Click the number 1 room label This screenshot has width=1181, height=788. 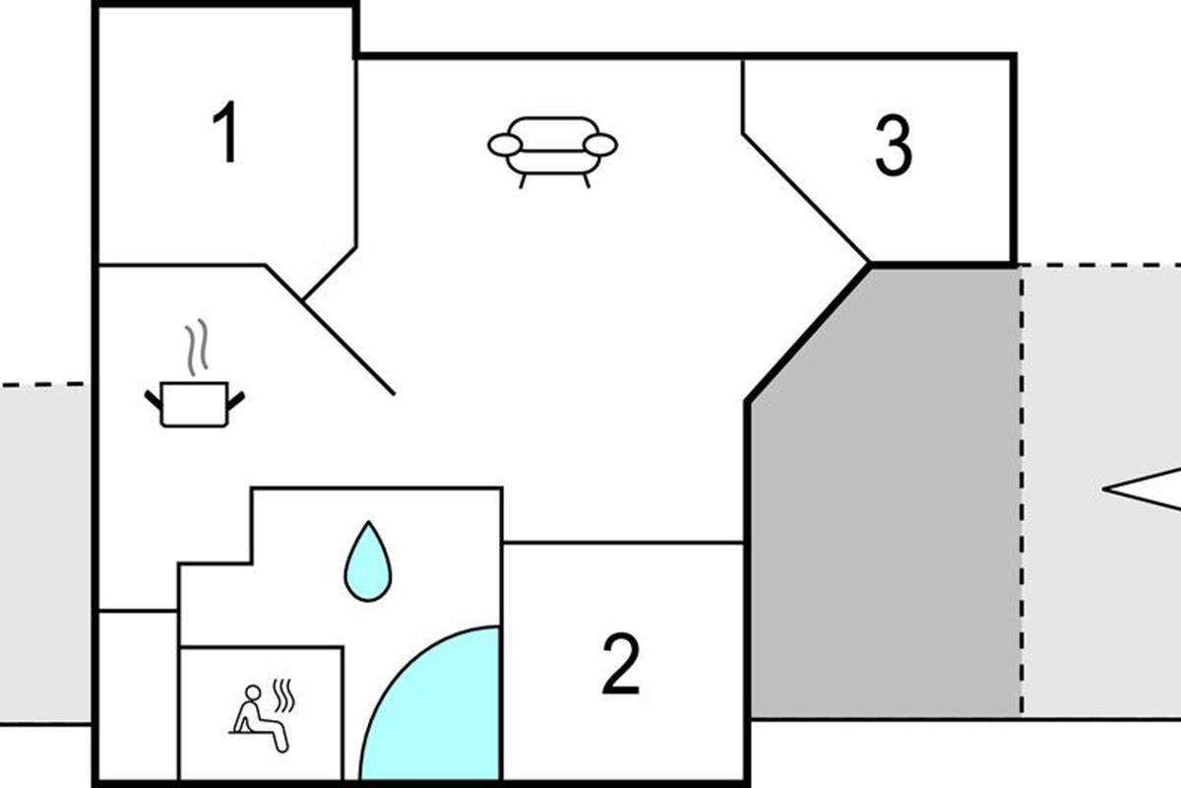226,134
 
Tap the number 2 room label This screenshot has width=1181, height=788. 621,665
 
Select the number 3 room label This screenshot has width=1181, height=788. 894,147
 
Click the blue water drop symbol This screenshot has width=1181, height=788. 367,564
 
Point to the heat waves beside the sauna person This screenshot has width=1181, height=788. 283,695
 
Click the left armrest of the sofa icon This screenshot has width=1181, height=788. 504,146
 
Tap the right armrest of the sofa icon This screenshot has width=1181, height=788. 600,145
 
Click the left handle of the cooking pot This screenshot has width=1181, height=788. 153,399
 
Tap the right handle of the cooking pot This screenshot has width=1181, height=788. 236,399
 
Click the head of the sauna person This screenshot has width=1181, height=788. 253,692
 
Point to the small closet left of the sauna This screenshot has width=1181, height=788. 138,694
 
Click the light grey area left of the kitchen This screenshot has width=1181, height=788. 44,552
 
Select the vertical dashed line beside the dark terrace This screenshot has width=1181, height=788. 1021,492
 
